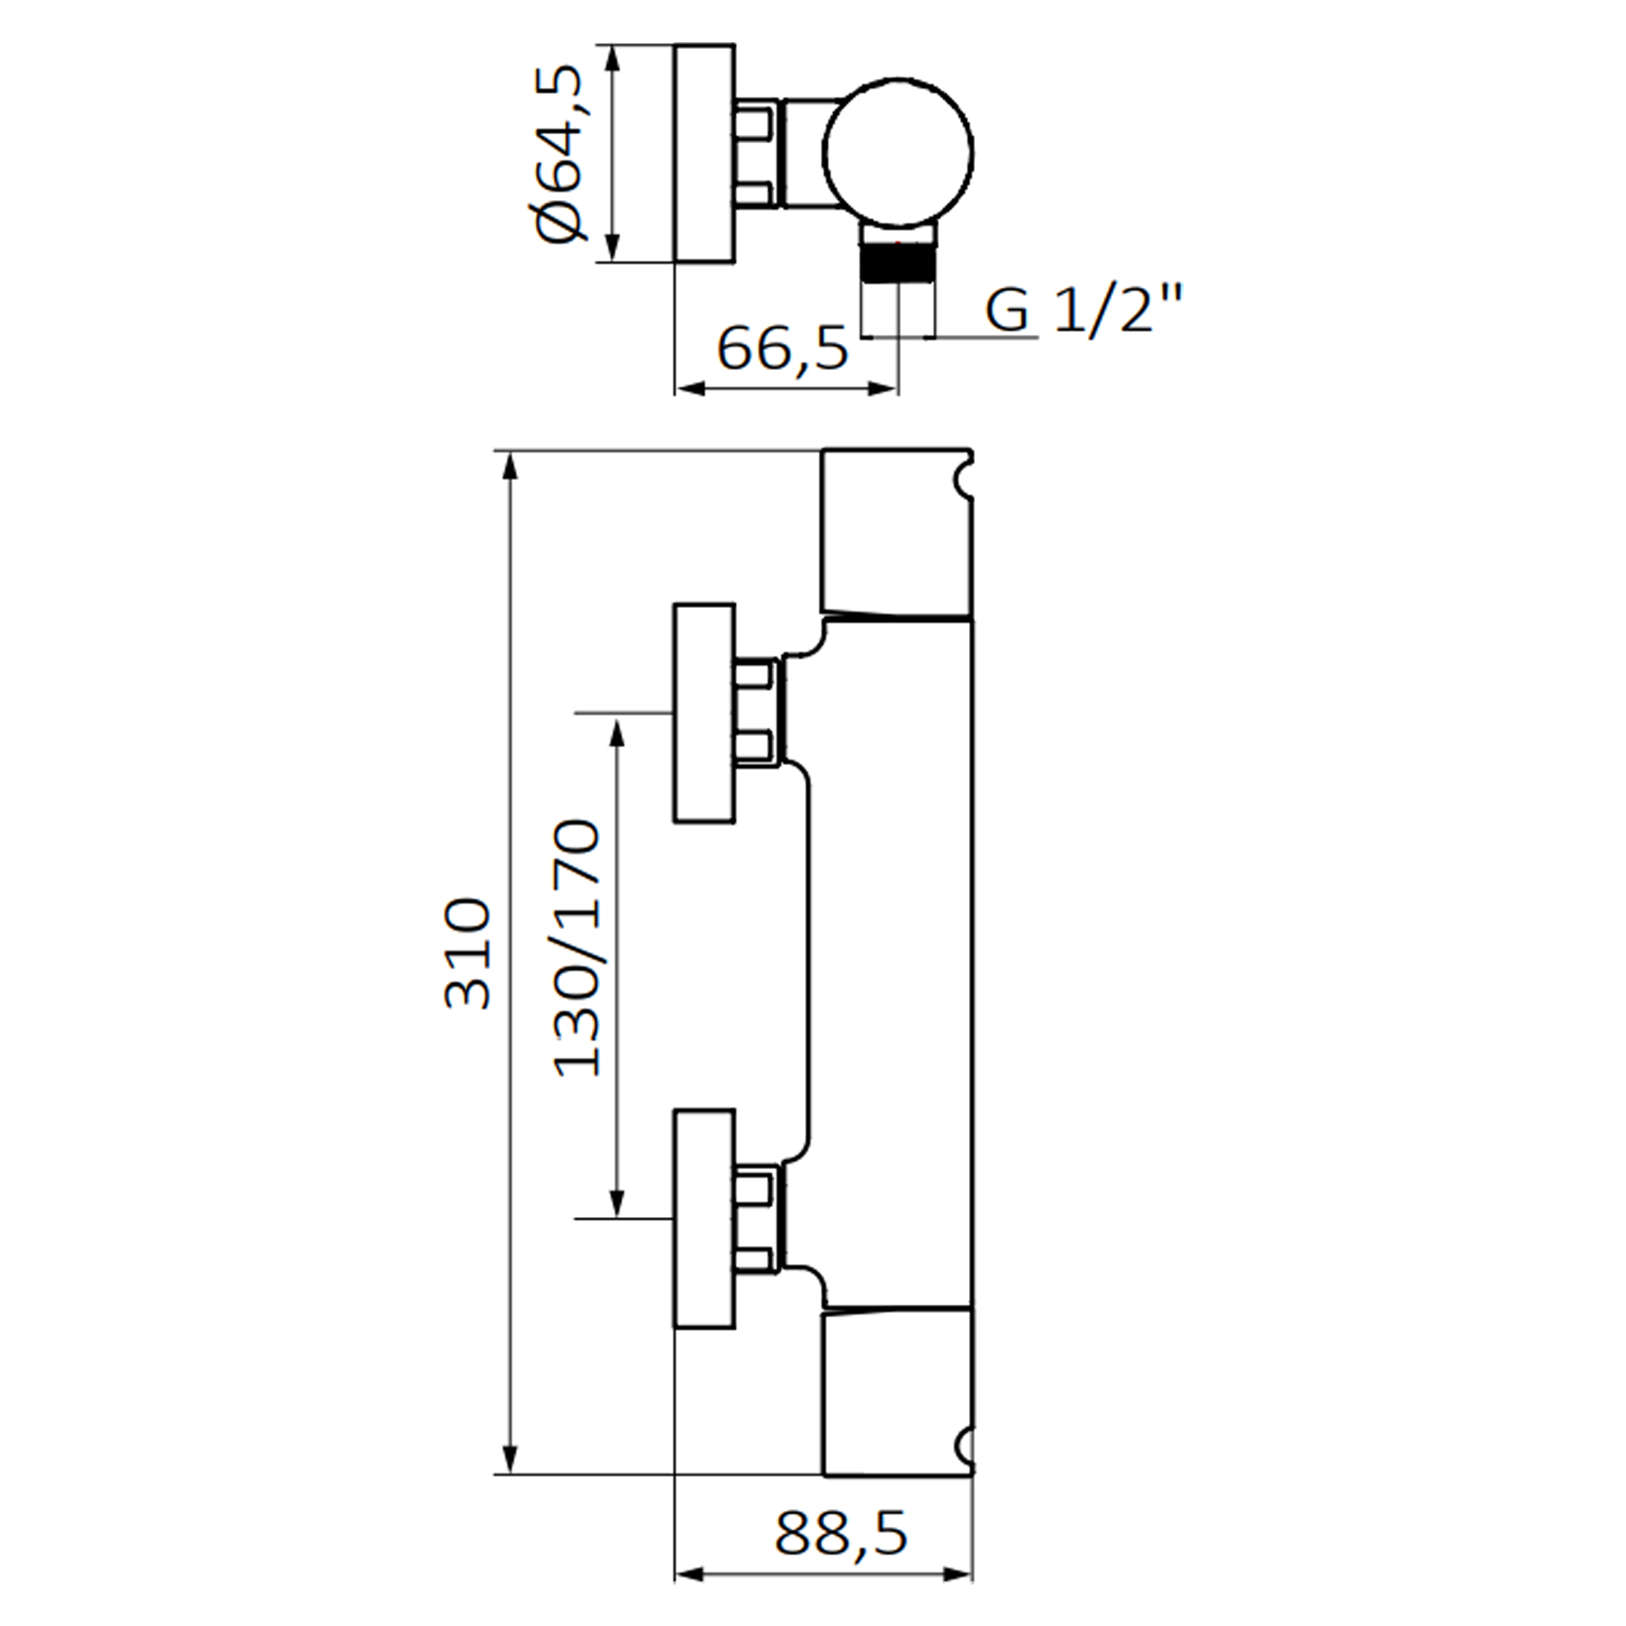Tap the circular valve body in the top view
pyautogui.click(x=898, y=151)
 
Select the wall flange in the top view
pyautogui.click(x=703, y=153)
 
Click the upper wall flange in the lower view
pyautogui.click(x=703, y=713)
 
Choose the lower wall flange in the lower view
pyautogui.click(x=703, y=1219)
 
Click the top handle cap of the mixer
pyautogui.click(x=896, y=532)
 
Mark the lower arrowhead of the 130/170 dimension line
pyautogui.click(x=618, y=1203)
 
